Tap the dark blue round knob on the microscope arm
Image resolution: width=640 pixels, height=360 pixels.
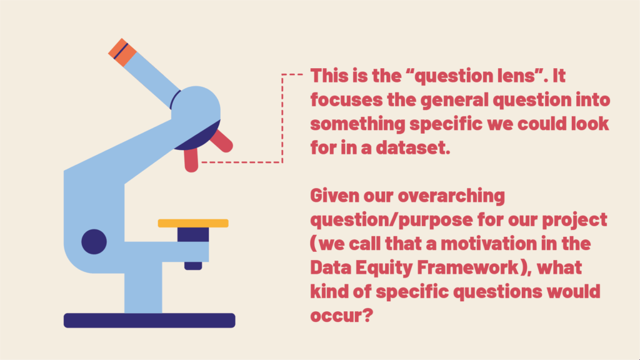[x=94, y=242]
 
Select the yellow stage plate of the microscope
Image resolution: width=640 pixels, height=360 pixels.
[x=193, y=223]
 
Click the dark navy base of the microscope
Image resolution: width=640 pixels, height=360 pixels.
[x=149, y=321]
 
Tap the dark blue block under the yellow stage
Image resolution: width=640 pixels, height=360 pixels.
[x=193, y=236]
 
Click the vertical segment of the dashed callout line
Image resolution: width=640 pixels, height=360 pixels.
[x=282, y=119]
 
